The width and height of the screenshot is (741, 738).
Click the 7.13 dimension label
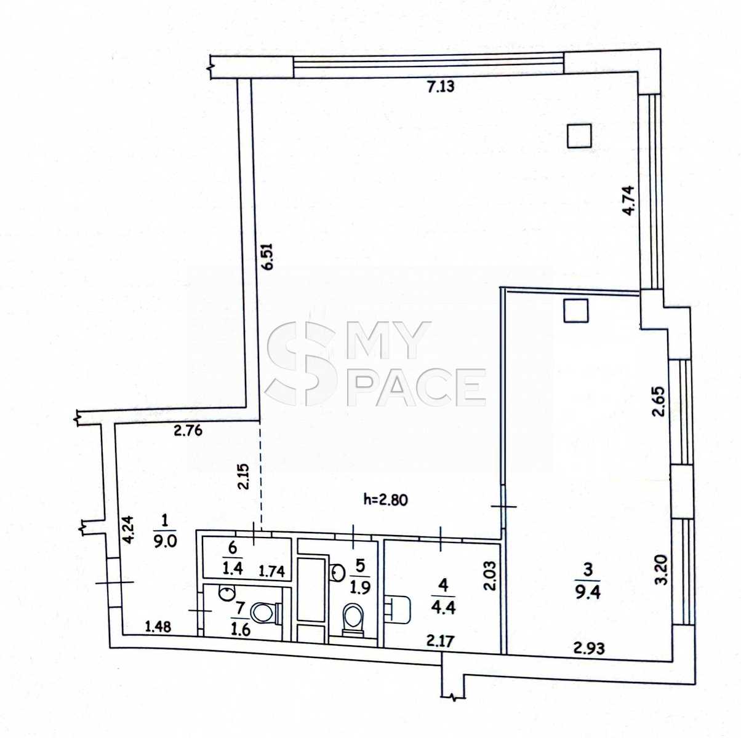point(441,87)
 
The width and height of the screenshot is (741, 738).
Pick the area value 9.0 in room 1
point(164,541)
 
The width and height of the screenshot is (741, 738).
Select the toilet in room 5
point(353,619)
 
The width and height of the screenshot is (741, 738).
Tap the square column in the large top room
point(579,136)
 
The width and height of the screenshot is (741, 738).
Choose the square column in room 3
point(575,311)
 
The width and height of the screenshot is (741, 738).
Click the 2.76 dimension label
point(188,430)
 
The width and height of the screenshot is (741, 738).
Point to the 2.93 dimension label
point(589,648)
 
